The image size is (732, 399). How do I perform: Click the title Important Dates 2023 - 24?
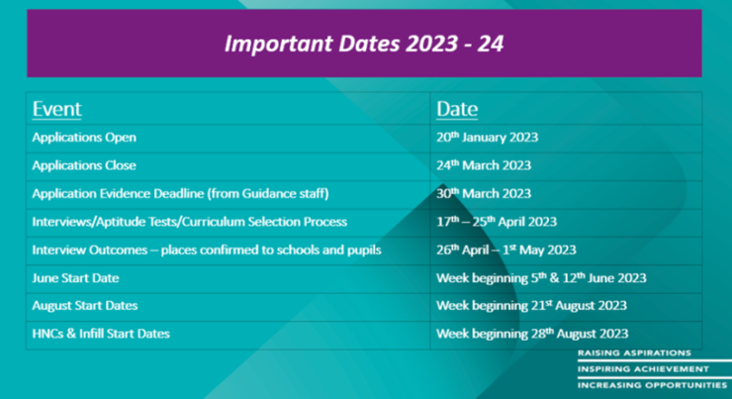[x=364, y=44]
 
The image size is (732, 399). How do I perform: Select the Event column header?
[x=57, y=109]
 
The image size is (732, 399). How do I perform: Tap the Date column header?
[x=457, y=109]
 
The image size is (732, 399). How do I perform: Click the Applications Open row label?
[x=84, y=138]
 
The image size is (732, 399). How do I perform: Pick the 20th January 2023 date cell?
[x=487, y=137]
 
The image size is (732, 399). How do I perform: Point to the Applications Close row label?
[x=84, y=165]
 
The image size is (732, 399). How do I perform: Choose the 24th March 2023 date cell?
[x=484, y=165]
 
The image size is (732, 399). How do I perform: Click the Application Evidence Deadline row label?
[x=180, y=193]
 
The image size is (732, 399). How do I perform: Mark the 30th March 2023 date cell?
[x=484, y=193]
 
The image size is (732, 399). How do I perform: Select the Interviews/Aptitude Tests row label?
[x=190, y=222]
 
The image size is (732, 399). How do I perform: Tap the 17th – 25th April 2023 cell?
[x=497, y=222]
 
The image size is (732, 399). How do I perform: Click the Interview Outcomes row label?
[x=207, y=249]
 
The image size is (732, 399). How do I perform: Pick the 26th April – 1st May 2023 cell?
[x=506, y=249]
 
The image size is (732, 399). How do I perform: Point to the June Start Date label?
[x=75, y=278]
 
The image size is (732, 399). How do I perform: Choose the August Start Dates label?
[x=85, y=306]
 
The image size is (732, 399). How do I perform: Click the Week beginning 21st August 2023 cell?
[x=531, y=306]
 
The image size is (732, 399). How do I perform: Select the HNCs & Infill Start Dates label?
[x=101, y=334]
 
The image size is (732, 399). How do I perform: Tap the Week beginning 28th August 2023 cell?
[x=532, y=334]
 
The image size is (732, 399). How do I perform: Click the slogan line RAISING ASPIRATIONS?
[x=634, y=352]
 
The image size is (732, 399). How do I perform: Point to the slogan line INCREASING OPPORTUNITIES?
[x=653, y=385]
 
